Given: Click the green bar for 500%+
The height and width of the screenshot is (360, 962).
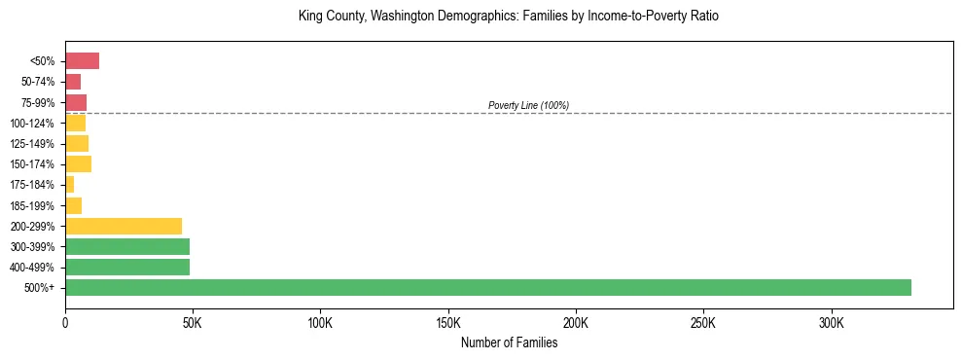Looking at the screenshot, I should [487, 287].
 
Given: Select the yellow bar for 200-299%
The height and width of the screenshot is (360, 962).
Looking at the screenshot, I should [124, 226].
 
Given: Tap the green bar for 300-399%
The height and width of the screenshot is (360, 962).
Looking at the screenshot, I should [127, 246].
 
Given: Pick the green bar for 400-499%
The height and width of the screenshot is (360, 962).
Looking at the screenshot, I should [127, 267].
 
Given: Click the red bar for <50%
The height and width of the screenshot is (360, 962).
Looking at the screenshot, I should [82, 61].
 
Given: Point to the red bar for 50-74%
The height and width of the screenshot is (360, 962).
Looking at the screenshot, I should [73, 82].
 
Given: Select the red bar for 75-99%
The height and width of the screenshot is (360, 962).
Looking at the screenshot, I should [76, 102].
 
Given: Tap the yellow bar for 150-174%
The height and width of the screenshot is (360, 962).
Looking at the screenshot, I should [78, 164].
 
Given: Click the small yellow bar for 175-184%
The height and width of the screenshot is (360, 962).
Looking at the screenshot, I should [69, 185].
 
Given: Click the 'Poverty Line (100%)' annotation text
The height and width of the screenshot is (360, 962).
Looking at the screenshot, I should [528, 105].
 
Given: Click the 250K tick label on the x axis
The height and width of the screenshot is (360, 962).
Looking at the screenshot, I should [703, 322].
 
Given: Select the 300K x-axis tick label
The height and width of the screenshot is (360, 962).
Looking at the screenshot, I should [831, 322].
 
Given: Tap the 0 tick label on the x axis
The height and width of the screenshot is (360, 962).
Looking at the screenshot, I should [65, 322].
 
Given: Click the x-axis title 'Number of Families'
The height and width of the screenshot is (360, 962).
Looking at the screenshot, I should [509, 342].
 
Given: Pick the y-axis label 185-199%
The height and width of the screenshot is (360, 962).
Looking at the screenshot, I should [32, 205].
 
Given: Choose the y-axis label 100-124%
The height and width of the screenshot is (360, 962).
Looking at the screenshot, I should [32, 124].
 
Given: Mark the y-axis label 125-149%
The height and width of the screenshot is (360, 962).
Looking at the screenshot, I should [32, 144].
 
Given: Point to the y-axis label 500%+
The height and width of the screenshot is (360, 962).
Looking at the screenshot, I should [40, 288].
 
